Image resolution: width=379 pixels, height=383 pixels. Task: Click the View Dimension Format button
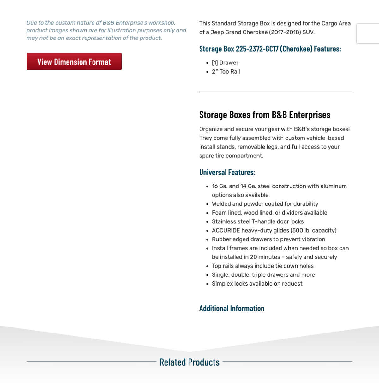pyautogui.click(x=74, y=62)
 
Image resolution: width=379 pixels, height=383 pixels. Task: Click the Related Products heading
pyautogui.click(x=189, y=362)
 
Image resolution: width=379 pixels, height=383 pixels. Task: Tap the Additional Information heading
pyautogui.click(x=232, y=309)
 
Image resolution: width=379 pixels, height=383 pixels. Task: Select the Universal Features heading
pyautogui.click(x=227, y=173)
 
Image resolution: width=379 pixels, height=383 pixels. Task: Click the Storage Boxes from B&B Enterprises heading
pyautogui.click(x=265, y=115)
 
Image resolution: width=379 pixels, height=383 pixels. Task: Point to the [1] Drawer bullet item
pyautogui.click(x=225, y=63)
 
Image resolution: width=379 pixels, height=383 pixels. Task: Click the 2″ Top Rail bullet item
pyautogui.click(x=226, y=72)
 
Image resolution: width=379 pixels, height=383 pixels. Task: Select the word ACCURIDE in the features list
pyautogui.click(x=226, y=231)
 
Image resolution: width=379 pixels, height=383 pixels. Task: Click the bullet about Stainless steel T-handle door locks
pyautogui.click(x=258, y=222)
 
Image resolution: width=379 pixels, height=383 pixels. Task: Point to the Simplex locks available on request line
pyautogui.click(x=257, y=284)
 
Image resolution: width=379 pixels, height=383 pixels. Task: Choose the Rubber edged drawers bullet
pyautogui.click(x=268, y=239)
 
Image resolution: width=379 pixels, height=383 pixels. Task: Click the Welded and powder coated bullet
pyautogui.click(x=265, y=204)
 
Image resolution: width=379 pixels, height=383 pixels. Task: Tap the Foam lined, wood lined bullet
pyautogui.click(x=269, y=213)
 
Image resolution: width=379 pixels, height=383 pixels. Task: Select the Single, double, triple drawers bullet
pyautogui.click(x=263, y=275)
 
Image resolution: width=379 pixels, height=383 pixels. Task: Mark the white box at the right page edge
pyautogui.click(x=368, y=33)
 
